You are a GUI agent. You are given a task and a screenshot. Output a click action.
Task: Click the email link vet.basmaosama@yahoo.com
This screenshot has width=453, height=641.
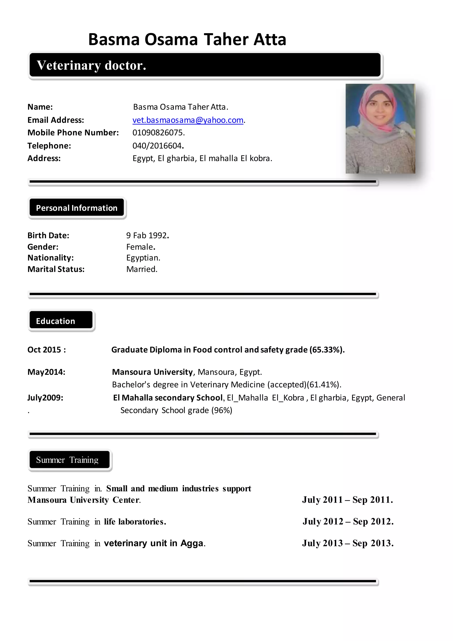click(x=188, y=120)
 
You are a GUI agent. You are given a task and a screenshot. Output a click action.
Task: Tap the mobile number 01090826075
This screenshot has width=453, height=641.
click(x=158, y=133)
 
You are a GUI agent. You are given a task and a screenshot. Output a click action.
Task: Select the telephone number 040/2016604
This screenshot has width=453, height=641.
click(x=158, y=146)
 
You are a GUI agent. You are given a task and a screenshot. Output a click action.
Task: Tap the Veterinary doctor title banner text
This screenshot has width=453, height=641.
click(x=92, y=65)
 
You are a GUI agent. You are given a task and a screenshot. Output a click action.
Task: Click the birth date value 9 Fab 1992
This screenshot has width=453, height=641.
click(x=147, y=235)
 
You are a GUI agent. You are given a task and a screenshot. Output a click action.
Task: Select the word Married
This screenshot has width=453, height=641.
click(x=142, y=269)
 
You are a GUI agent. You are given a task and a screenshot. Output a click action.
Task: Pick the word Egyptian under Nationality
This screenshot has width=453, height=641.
click(x=143, y=258)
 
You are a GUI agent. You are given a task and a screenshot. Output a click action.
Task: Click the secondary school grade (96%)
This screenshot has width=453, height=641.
click(x=222, y=410)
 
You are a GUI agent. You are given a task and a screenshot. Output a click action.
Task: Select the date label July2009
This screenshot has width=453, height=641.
click(x=45, y=398)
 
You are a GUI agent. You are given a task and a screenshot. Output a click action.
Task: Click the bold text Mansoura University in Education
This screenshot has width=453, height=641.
click(x=152, y=372)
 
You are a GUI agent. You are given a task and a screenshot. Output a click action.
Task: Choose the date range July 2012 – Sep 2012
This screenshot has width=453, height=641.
click(x=348, y=521)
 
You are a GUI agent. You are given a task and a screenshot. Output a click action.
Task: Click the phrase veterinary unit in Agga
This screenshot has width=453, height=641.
click(x=154, y=543)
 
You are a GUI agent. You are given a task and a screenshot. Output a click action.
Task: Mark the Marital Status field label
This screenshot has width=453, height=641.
click(x=56, y=269)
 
